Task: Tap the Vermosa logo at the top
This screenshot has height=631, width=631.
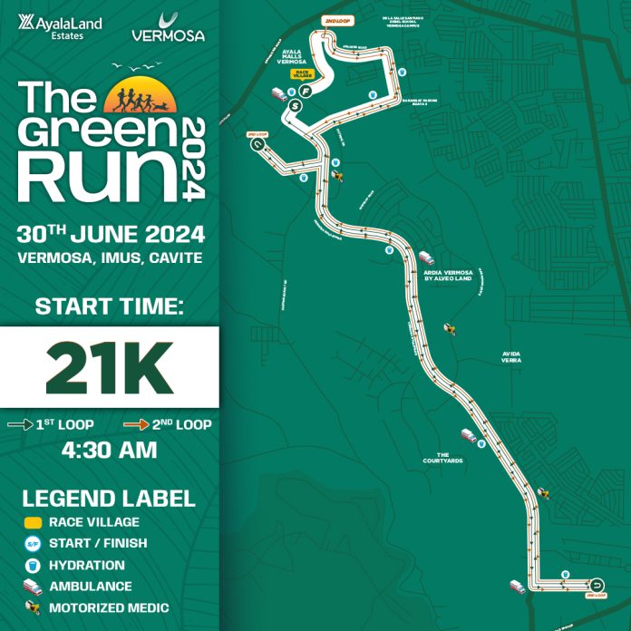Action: point(168,28)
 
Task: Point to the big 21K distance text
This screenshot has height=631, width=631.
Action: point(109,366)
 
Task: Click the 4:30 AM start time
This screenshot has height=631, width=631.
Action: point(109,451)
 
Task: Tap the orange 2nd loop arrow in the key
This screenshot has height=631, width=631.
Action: point(135,423)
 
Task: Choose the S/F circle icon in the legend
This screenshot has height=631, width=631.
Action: point(31,543)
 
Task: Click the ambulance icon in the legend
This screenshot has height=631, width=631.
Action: point(31,587)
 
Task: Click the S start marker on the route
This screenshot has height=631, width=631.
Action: point(294,106)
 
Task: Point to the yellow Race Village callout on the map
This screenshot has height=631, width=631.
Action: point(302,76)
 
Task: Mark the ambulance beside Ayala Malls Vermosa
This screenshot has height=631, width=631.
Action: point(278,93)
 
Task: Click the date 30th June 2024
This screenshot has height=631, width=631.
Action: point(110,234)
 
